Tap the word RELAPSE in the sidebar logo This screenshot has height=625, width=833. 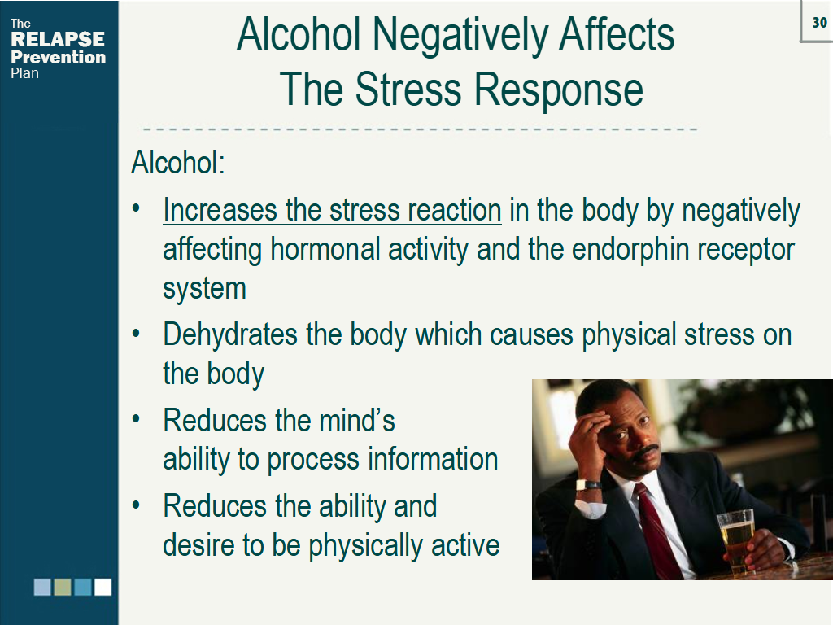pos(58,39)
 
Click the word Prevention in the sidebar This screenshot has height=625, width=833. pos(59,57)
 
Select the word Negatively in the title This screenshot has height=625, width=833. pos(460,36)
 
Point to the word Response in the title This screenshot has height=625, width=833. pos(558,90)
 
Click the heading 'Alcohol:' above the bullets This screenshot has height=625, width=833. pos(178,162)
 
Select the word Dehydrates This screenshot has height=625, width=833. pos(230,335)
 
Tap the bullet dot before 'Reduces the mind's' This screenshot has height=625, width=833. pos(136,419)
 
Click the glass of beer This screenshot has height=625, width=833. pos(736,540)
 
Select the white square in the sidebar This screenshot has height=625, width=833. pos(102,587)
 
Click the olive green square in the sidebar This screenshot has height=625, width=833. pos(62,587)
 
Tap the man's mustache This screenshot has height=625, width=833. pos(647,452)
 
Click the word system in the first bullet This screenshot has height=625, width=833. pos(204,289)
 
